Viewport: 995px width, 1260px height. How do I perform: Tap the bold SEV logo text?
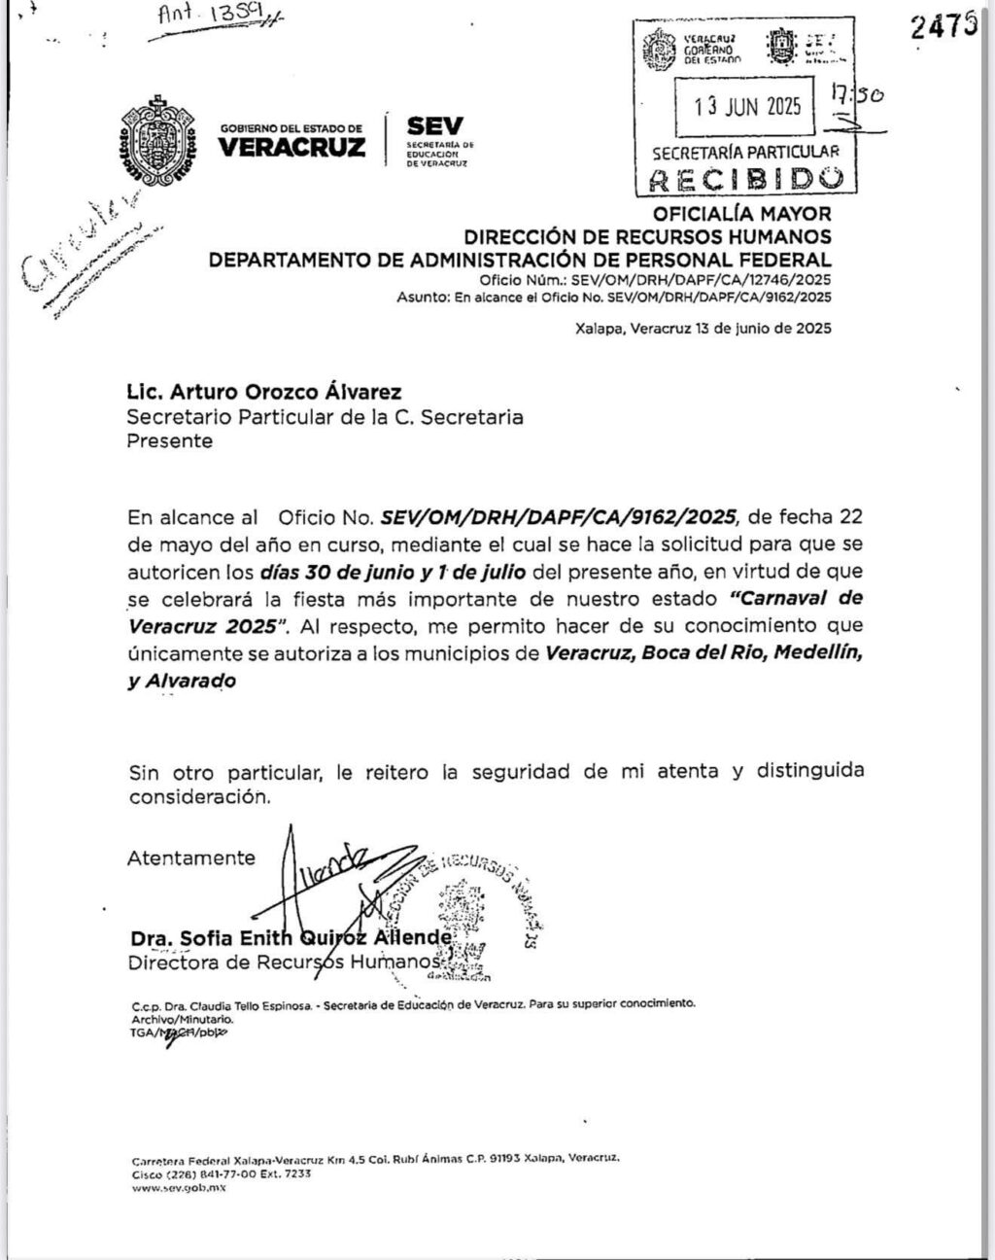(435, 126)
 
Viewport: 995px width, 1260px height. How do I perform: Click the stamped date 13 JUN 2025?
(747, 106)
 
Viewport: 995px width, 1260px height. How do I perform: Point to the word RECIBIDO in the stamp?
(745, 179)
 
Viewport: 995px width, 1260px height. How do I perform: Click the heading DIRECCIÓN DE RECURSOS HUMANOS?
(647, 236)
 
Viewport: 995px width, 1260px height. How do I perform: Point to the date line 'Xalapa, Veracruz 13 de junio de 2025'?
(703, 329)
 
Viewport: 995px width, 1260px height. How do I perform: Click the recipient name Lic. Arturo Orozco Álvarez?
(264, 393)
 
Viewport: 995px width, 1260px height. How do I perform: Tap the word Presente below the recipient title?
(170, 440)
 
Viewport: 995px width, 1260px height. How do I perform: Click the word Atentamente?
(191, 857)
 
